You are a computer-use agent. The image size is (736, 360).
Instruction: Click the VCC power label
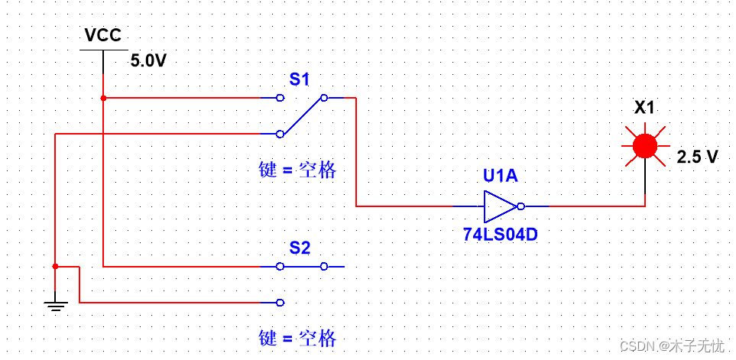103,35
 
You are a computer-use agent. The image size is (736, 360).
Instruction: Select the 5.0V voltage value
148,61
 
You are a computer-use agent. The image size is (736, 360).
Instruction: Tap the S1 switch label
300,79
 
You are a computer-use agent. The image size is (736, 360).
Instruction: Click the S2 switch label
300,248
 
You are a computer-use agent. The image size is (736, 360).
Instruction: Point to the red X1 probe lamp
645,145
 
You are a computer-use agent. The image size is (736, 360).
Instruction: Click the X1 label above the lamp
644,108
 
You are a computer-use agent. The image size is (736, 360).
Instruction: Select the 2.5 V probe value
697,157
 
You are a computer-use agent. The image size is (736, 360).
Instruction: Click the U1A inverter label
500,177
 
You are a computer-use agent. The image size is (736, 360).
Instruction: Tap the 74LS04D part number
500,235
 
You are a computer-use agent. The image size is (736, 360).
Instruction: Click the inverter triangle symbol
499,206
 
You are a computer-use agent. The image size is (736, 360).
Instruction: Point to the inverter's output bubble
520,206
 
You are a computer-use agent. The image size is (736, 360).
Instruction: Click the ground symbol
55,306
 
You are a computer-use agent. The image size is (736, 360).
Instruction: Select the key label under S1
297,170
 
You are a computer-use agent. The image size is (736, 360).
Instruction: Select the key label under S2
297,338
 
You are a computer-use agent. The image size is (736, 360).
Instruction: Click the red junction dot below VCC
103,98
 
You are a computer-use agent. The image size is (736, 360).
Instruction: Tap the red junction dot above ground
55,267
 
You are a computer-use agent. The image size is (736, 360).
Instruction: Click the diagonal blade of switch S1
302,115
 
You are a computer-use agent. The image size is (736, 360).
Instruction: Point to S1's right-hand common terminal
324,98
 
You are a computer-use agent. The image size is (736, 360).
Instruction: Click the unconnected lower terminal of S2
280,303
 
